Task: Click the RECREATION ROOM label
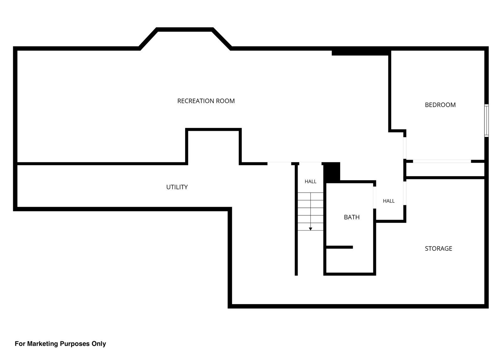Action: click(206, 101)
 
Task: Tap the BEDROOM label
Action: click(440, 105)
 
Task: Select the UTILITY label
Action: click(177, 187)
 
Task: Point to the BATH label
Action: click(352, 217)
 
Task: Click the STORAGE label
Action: click(438, 249)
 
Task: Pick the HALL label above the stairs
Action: click(310, 181)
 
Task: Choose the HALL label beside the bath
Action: click(389, 201)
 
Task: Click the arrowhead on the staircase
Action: click(310, 229)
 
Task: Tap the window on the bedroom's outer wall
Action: click(486, 121)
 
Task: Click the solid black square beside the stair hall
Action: click(332, 172)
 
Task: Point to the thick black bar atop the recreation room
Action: click(360, 53)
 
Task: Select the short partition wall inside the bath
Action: click(339, 247)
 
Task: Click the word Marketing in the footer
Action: click(43, 344)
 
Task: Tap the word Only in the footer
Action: click(99, 344)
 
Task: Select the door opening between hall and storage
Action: click(405, 193)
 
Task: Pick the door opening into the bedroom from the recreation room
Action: click(405, 148)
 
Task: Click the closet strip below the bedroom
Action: click(445, 170)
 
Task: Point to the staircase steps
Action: click(310, 212)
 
